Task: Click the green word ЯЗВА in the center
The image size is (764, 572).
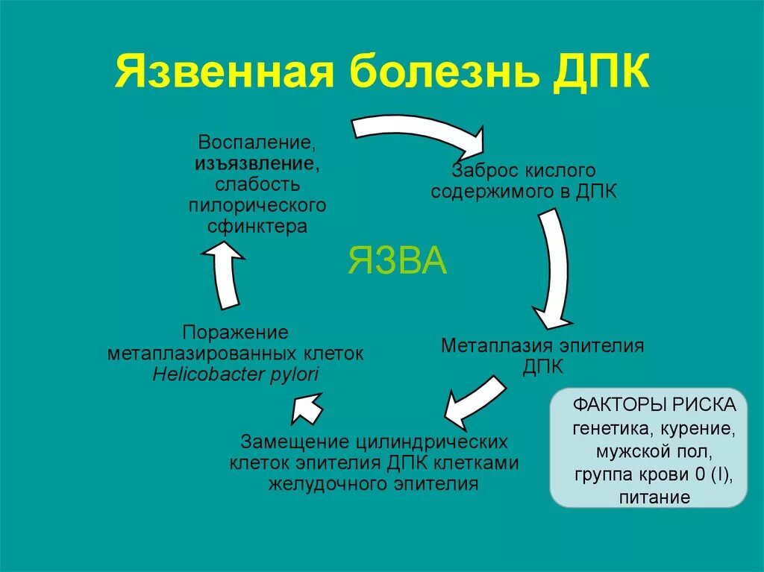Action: tap(398, 261)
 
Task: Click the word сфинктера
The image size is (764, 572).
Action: tap(257, 227)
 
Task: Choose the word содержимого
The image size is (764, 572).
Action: tap(486, 192)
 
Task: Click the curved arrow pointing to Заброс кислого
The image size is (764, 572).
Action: tap(418, 131)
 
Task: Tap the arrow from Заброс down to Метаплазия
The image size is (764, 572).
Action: tap(552, 268)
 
